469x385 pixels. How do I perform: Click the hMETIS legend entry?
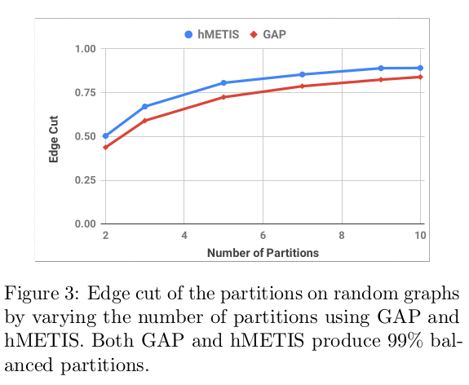click(x=213, y=34)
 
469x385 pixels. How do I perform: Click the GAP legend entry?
click(x=269, y=34)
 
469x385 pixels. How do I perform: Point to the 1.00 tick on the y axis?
click(x=84, y=49)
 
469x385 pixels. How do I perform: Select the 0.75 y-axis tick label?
click(x=84, y=92)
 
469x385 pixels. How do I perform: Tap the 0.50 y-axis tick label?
click(x=84, y=136)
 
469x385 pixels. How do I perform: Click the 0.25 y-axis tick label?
click(x=84, y=179)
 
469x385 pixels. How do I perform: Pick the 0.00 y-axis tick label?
click(x=84, y=223)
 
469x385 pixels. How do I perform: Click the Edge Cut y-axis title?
click(x=54, y=136)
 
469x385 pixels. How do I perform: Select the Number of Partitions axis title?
click(x=263, y=253)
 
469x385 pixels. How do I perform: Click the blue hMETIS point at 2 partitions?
click(x=105, y=136)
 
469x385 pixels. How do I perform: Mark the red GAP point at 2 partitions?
click(x=105, y=147)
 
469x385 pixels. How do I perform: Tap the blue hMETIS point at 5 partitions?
click(x=223, y=83)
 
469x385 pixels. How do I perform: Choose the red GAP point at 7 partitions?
click(x=303, y=86)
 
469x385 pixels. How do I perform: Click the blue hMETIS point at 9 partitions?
click(x=381, y=69)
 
